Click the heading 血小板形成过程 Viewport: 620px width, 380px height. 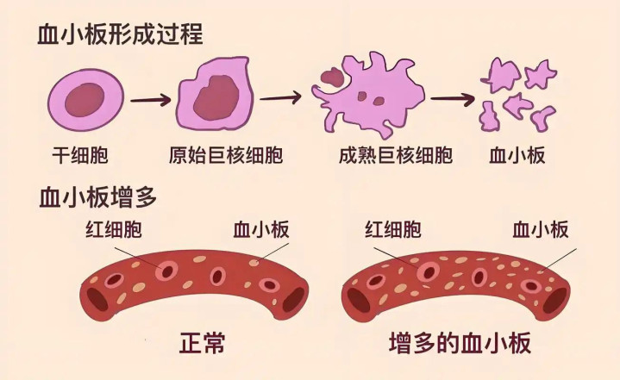120,34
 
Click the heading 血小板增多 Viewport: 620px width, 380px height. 98,196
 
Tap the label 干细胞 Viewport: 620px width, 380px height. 80,155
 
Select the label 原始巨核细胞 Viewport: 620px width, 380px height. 226,155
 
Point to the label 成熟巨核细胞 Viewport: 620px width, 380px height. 396,155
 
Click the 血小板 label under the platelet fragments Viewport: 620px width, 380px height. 517,155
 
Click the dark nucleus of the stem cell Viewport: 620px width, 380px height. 85,100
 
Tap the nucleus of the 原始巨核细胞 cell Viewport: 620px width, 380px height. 216,97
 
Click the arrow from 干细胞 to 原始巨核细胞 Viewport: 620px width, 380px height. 151,100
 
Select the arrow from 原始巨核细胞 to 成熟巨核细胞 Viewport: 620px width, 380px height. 281,97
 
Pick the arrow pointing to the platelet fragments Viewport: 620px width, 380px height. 453,99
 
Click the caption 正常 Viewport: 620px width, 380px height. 202,343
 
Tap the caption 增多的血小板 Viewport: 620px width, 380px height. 460,343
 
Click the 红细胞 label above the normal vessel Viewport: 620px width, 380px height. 114,229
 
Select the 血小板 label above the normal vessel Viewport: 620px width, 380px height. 261,229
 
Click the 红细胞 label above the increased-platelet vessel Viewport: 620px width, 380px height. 393,229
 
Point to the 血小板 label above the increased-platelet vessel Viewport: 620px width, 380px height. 541,229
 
